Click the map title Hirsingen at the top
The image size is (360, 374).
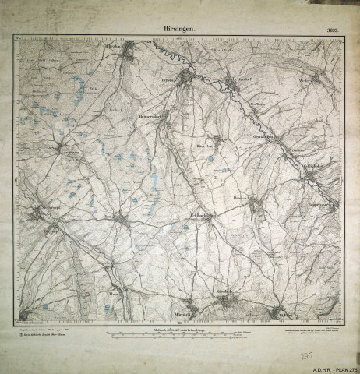pyautogui.click(x=179, y=29)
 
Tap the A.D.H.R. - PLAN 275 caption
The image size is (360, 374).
pyautogui.click(x=334, y=369)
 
